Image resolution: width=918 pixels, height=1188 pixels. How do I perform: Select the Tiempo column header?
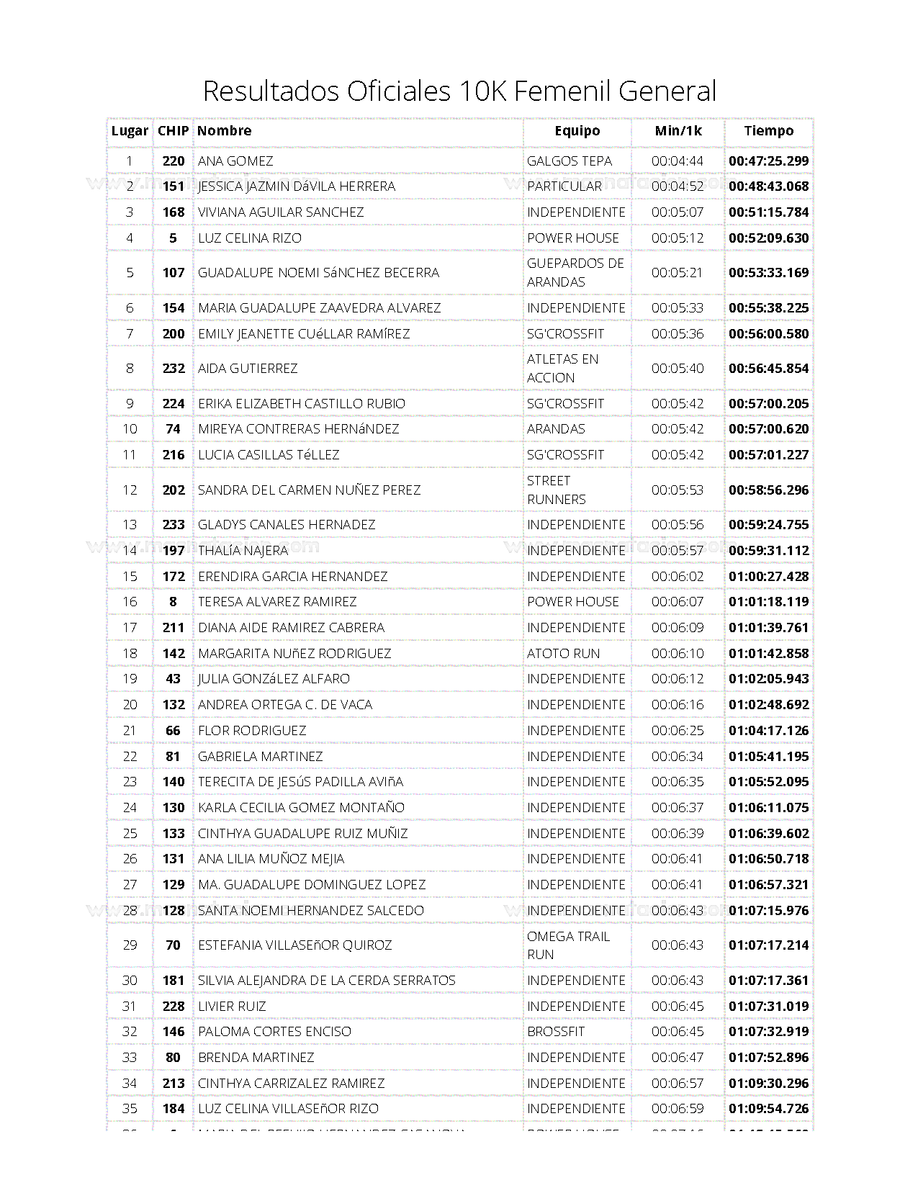[768, 130]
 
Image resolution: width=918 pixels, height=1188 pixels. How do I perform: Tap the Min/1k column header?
[678, 130]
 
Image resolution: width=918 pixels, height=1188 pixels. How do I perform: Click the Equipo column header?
[577, 130]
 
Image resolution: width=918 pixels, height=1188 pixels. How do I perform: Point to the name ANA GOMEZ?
[235, 161]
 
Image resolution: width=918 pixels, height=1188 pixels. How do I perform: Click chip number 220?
[173, 161]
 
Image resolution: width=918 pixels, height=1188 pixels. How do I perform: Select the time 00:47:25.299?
[768, 161]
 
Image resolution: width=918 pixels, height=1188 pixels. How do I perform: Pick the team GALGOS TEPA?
[569, 161]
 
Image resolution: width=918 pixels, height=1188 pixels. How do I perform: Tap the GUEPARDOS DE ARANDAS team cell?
[575, 272]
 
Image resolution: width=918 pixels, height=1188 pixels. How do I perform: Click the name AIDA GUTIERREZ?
[248, 368]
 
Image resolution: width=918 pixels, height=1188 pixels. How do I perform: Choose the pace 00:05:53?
[678, 490]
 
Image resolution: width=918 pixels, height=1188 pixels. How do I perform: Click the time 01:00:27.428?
[768, 576]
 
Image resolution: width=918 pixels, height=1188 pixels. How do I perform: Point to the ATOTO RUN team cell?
[563, 653]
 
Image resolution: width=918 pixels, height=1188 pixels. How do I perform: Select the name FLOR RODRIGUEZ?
[252, 730]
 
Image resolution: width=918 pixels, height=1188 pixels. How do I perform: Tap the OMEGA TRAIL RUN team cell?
[567, 945]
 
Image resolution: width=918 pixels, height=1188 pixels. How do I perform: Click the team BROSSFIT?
[556, 1031]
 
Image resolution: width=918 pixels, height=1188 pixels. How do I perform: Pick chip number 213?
[173, 1083]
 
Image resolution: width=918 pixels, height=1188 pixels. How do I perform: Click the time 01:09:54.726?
[768, 1108]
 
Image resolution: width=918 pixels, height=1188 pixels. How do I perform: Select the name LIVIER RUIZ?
[232, 1006]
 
